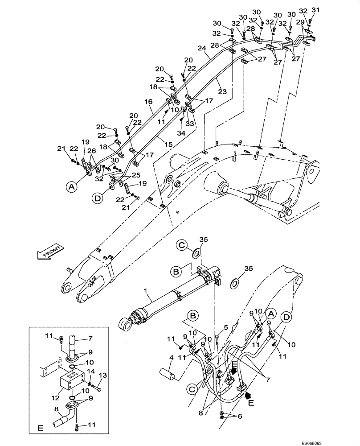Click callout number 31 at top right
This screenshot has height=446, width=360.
316,10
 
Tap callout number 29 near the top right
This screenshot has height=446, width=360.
300,21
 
